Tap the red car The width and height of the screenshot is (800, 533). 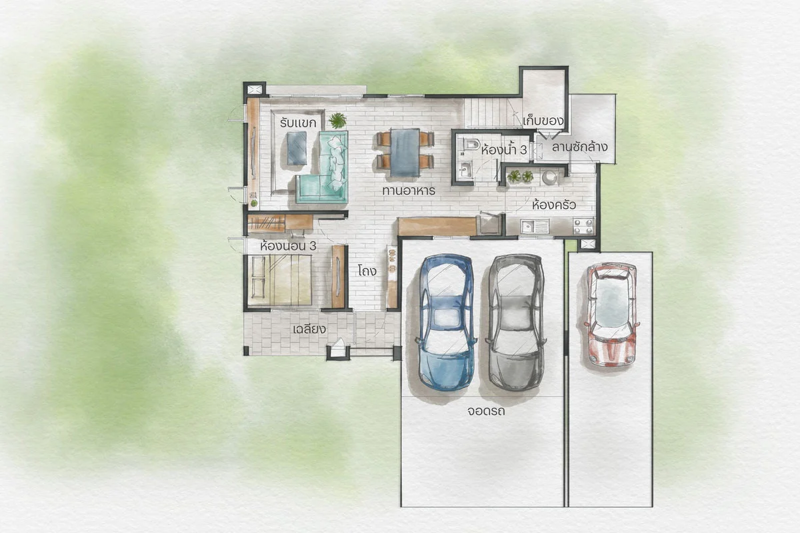(x=611, y=314)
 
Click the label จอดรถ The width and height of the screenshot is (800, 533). (x=486, y=411)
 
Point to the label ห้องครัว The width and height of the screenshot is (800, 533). (x=553, y=205)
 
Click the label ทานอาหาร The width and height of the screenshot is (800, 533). (x=409, y=191)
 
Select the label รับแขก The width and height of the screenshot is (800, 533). (x=298, y=123)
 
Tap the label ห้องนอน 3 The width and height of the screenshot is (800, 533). (x=289, y=246)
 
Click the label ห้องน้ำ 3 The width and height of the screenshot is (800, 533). (x=503, y=150)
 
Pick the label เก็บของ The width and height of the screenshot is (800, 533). (x=543, y=121)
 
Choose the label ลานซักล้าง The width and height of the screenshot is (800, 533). (x=579, y=147)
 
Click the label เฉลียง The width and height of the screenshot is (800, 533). (x=309, y=329)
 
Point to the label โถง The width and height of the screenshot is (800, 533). (x=367, y=271)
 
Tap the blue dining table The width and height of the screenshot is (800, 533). (x=405, y=153)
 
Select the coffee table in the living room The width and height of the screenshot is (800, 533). (x=297, y=148)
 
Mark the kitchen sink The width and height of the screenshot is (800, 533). (x=530, y=226)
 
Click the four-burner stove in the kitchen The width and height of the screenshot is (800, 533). (x=583, y=226)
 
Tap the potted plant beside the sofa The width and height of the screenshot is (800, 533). (x=337, y=121)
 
